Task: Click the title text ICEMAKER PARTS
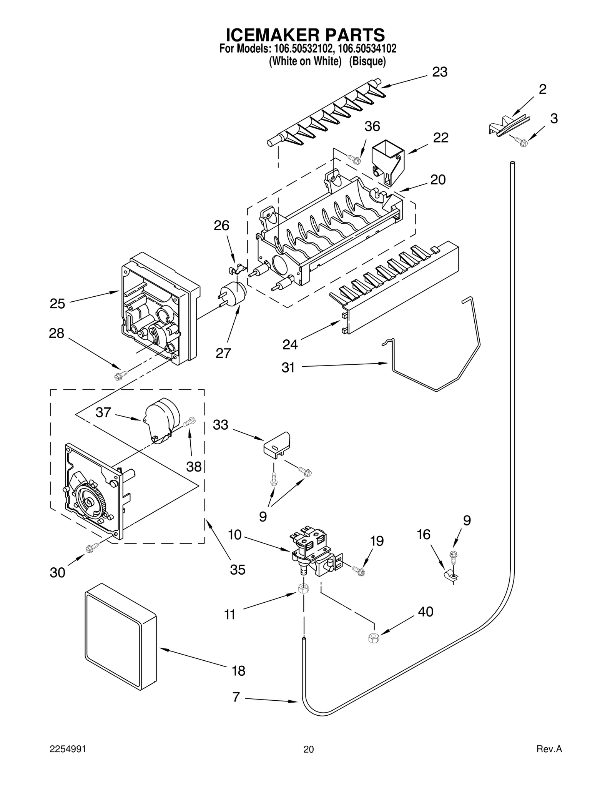coord(305,35)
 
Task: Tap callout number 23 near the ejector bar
coord(440,72)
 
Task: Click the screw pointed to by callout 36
coord(354,159)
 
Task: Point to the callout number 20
coord(438,180)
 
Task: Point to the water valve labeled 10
coord(312,552)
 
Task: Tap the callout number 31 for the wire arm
coord(288,368)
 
